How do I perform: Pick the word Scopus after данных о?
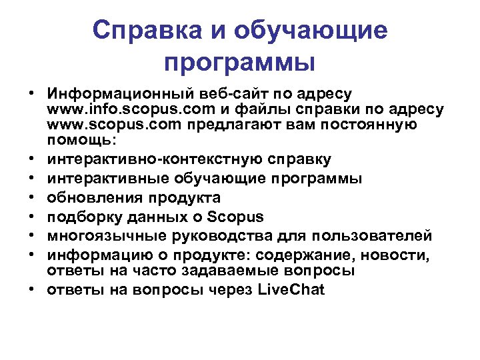click(236, 217)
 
